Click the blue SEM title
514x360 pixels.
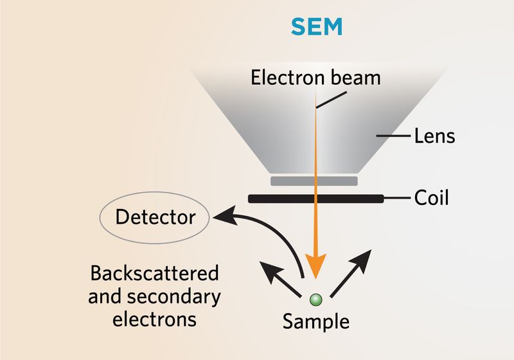[x=317, y=26]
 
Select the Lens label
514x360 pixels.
[x=434, y=136]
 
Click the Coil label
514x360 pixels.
[x=431, y=198]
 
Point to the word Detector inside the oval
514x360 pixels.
[x=155, y=217]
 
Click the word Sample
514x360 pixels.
[x=315, y=321]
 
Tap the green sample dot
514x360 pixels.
[x=315, y=299]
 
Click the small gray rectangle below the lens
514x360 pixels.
[x=315, y=181]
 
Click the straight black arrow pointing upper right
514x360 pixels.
[x=350, y=275]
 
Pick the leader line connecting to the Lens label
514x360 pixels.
[x=394, y=136]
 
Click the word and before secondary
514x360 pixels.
[x=103, y=296]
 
